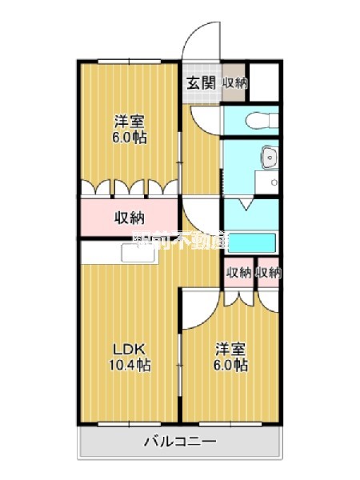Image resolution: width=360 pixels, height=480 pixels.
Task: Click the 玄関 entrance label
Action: tap(202, 82)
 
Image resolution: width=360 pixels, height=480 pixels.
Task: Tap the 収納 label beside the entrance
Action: tap(234, 82)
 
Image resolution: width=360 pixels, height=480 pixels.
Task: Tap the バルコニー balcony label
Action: tap(180, 441)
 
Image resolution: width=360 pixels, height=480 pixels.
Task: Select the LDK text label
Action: tap(127, 349)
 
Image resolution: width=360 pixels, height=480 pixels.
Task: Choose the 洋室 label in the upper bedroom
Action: tap(129, 122)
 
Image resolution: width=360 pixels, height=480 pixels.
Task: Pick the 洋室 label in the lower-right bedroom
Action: tap(230, 349)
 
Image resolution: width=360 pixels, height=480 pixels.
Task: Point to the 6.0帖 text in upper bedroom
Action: tap(129, 137)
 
